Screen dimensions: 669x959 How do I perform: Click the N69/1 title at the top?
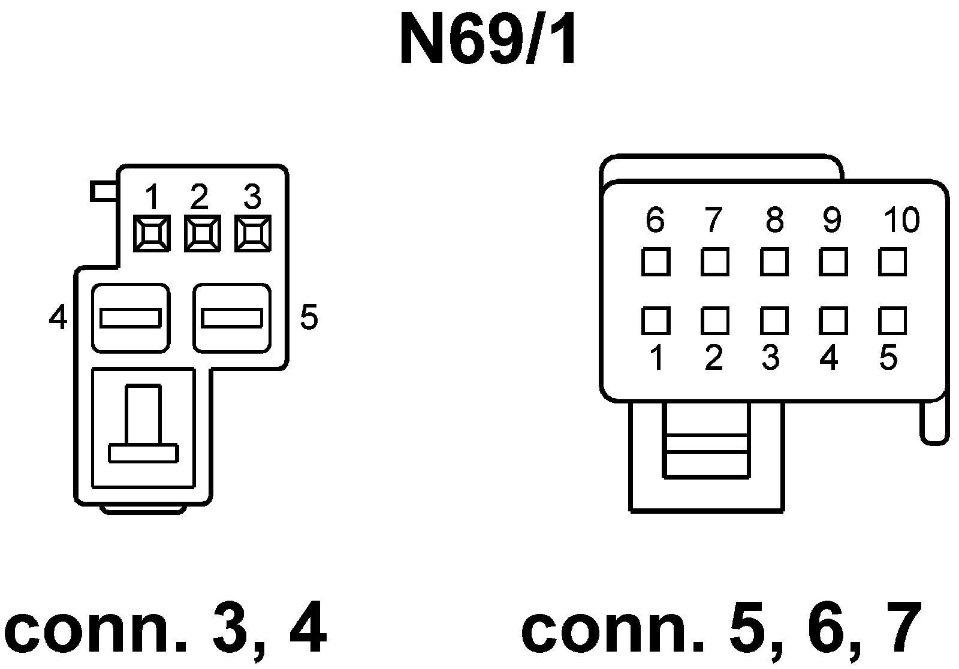coord(488,41)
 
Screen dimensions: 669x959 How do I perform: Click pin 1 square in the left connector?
coord(151,233)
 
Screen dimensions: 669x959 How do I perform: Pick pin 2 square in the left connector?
coord(202,233)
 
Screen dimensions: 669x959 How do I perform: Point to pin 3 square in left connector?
coord(253,233)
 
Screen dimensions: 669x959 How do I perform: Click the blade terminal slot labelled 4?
coord(131,318)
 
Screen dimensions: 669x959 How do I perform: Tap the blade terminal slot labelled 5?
coord(232,318)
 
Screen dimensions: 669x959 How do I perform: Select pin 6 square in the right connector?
coord(655,262)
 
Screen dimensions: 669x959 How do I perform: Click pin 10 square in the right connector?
coord(892,262)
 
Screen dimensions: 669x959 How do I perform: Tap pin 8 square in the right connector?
coord(774,262)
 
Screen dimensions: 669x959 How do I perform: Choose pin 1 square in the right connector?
coord(655,321)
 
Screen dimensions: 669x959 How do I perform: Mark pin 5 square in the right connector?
coord(892,321)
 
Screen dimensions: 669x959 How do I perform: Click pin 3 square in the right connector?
coord(774,321)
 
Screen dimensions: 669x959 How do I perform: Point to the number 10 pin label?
coord(901,220)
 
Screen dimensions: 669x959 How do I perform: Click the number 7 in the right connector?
coord(713,220)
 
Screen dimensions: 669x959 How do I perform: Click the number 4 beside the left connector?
coord(58,317)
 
